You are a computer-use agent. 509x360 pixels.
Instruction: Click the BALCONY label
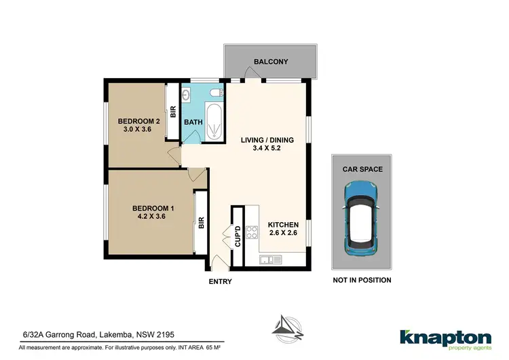point(271,62)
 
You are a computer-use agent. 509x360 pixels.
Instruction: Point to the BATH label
point(193,122)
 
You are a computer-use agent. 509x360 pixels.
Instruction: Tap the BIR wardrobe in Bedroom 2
point(173,111)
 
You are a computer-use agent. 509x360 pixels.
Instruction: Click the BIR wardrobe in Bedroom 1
point(201,222)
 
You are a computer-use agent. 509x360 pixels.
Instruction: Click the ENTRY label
point(221,281)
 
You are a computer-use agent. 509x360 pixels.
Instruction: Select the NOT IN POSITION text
point(362,280)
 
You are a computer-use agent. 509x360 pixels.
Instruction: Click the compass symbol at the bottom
point(285,327)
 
